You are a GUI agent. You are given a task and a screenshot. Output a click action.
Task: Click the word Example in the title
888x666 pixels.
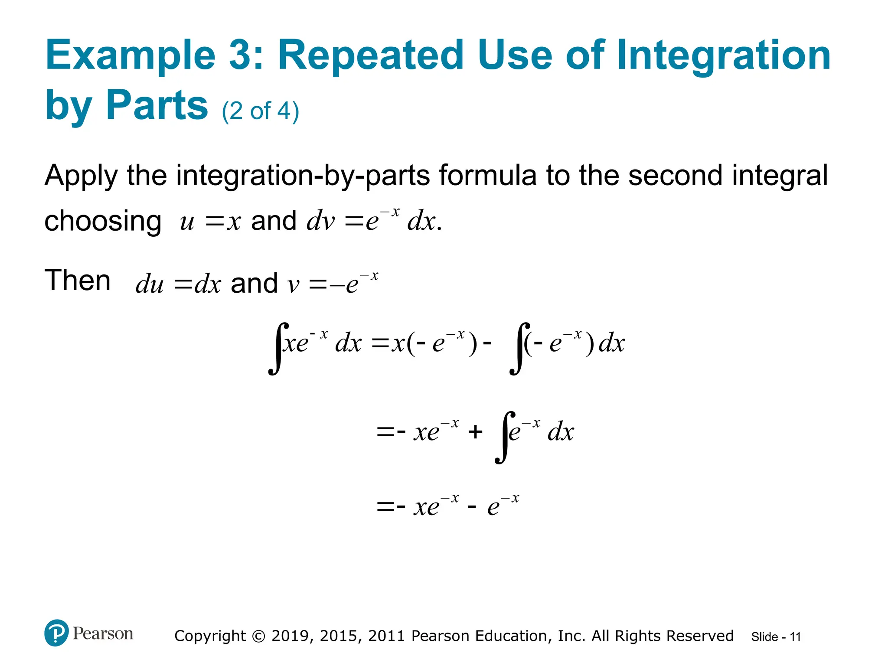tap(130, 55)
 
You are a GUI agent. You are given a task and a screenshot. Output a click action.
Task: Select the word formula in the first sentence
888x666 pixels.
tap(488, 175)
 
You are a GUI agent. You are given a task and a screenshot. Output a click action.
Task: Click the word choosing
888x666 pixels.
tap(103, 221)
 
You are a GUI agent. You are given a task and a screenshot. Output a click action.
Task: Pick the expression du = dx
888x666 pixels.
tap(178, 284)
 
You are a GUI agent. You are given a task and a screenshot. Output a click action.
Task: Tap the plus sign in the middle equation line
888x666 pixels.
tap(475, 431)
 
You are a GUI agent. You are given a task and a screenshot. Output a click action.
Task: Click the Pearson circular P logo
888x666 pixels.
tap(56, 633)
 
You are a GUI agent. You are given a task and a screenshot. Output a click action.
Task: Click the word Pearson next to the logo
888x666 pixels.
tap(103, 633)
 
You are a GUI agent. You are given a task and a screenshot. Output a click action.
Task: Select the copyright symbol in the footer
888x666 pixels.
tap(258, 636)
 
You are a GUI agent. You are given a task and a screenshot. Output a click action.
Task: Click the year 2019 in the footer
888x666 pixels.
tap(290, 636)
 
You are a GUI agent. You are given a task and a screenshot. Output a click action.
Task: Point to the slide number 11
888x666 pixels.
tap(795, 637)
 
